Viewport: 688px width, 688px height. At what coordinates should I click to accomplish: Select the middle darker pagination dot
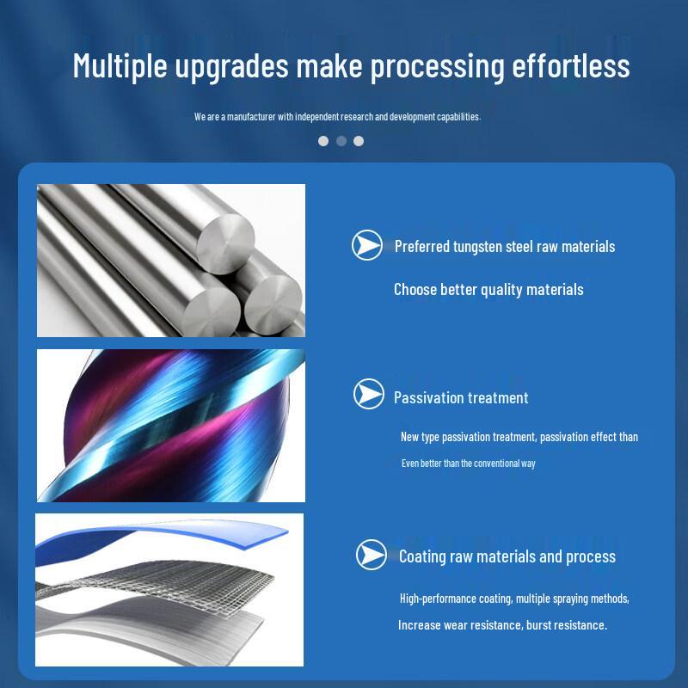pos(341,141)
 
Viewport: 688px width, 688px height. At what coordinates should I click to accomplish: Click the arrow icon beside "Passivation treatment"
pos(369,395)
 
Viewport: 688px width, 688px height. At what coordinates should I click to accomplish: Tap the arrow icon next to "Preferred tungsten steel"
pos(367,246)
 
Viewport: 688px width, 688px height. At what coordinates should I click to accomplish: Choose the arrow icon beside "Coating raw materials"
pos(372,555)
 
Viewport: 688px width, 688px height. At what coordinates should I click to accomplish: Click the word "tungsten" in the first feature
pos(478,247)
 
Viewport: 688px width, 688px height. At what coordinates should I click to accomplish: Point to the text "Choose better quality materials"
pos(488,290)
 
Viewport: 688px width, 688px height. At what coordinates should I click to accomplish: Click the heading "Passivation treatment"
pos(461,397)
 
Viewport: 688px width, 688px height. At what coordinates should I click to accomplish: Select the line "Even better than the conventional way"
pos(469,464)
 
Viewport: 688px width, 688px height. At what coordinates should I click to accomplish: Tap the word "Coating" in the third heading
pos(422,556)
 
